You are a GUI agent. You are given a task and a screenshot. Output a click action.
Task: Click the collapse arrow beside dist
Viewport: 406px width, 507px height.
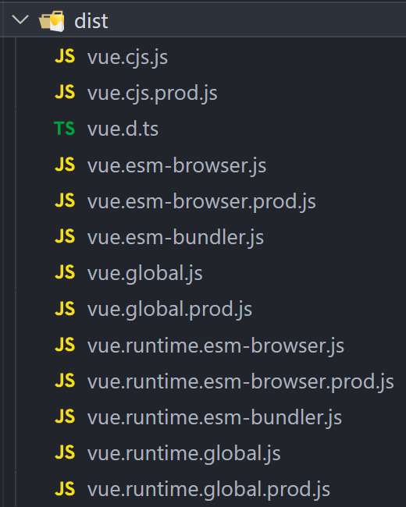tap(20, 19)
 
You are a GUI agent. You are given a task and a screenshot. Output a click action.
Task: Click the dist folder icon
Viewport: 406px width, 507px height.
tap(52, 21)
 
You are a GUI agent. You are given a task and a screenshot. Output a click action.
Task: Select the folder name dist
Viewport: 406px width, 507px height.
tap(91, 21)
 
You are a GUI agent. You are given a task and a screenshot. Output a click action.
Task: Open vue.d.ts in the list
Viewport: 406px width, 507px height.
tap(123, 129)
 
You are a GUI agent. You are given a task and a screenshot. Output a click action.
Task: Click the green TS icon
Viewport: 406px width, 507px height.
tap(65, 129)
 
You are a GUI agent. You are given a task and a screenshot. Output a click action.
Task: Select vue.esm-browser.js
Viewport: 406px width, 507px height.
tap(176, 166)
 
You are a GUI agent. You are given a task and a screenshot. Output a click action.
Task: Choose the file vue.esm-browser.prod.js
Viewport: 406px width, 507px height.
tap(201, 202)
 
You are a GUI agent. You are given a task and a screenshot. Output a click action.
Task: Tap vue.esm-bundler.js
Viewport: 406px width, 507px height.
tap(176, 238)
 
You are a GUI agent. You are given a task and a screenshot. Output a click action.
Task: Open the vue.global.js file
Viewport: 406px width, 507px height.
tap(144, 274)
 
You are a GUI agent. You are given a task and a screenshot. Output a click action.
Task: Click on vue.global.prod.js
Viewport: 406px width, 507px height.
tap(169, 310)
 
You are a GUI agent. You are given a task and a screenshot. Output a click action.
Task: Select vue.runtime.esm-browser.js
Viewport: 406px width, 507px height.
tap(215, 346)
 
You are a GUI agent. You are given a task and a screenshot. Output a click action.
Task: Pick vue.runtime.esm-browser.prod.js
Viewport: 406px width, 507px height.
tap(240, 382)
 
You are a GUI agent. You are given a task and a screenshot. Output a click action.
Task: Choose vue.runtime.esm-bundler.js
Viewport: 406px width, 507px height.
tap(215, 418)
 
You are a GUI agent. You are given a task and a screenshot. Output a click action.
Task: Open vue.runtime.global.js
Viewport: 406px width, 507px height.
tap(184, 454)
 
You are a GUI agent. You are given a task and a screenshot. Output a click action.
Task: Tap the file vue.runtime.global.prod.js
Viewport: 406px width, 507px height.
tap(208, 490)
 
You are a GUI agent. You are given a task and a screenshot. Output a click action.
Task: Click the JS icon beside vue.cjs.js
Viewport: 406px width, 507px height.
tap(65, 56)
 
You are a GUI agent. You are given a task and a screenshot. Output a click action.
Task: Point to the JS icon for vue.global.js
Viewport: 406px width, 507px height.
tap(65, 272)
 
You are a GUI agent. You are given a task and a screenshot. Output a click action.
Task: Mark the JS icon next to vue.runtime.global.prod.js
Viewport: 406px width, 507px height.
tap(65, 488)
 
